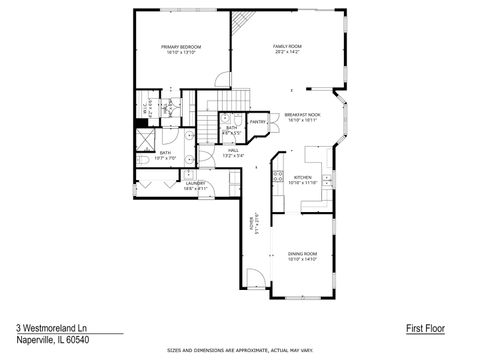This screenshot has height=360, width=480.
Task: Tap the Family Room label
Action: coord(287,46)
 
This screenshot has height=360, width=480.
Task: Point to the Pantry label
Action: coord(257,122)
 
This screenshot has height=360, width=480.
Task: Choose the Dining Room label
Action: coord(302,254)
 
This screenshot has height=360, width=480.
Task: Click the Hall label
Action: coord(231,152)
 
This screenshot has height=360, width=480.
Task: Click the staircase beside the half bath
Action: coord(208,124)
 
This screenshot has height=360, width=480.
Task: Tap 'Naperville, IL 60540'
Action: coord(48,340)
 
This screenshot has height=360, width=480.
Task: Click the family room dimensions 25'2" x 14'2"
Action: coord(287,52)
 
